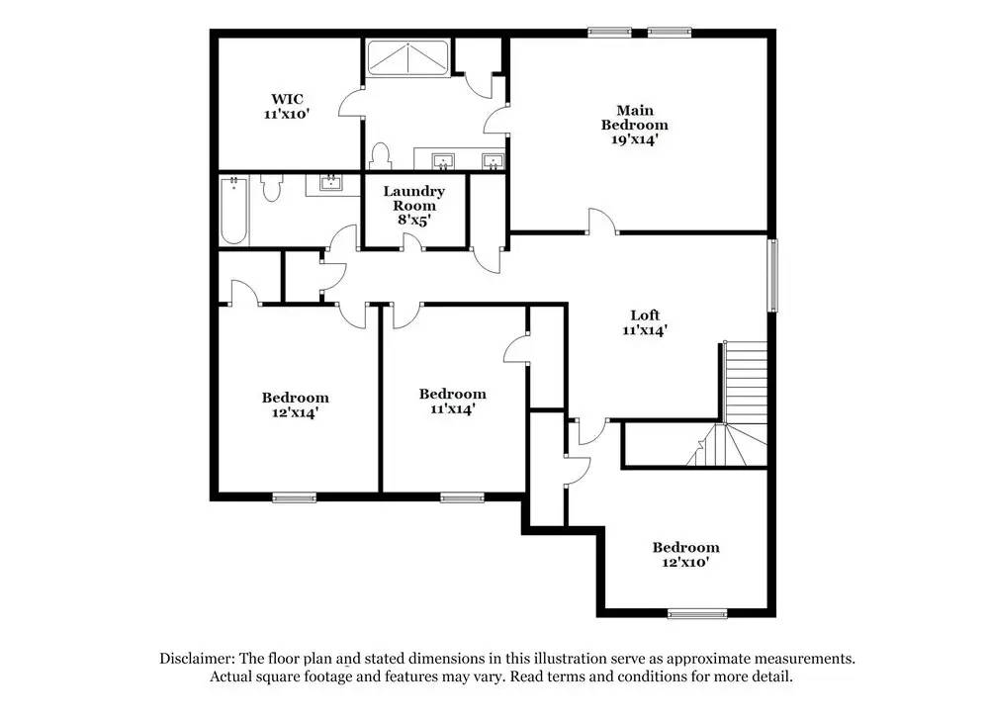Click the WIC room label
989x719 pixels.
[287, 99]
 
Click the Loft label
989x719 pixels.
[645, 315]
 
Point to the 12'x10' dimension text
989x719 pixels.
[684, 562]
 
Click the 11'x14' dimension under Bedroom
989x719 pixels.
[452, 407]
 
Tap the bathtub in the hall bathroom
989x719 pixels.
[233, 210]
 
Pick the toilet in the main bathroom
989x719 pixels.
[380, 156]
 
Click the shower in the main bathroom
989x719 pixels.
[407, 58]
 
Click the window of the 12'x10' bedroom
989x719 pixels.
[697, 614]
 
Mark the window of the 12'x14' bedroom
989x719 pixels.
[294, 497]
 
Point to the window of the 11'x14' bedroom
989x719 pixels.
[462, 497]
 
